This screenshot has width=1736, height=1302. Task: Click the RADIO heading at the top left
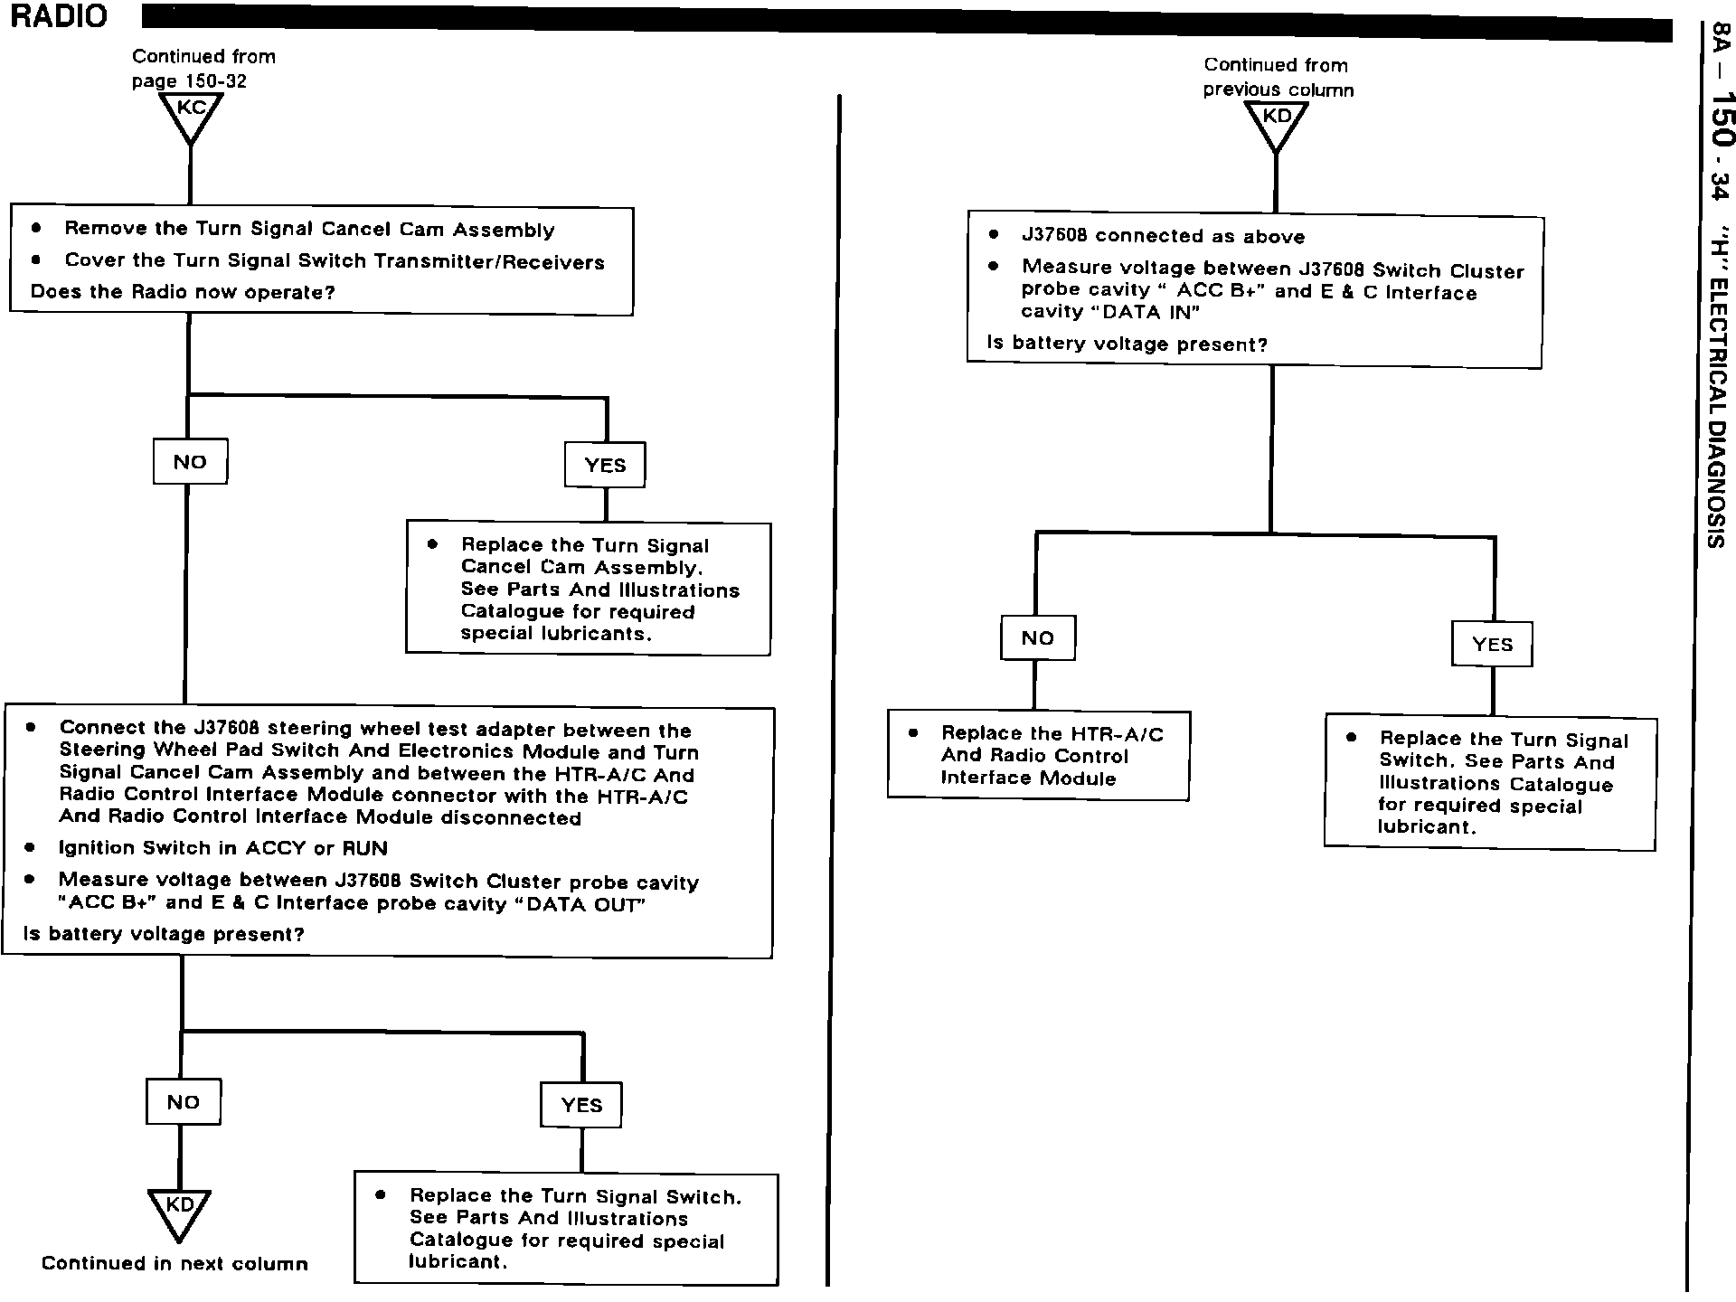(59, 16)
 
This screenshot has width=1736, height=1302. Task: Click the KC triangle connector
(191, 114)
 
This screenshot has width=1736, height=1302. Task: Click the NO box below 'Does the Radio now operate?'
(190, 462)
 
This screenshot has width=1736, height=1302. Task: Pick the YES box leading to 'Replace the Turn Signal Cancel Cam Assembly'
(605, 466)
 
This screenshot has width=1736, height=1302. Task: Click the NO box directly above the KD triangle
(184, 1102)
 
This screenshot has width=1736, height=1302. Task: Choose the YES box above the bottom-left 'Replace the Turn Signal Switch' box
(581, 1106)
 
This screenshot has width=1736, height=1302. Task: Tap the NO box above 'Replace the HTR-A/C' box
(1038, 638)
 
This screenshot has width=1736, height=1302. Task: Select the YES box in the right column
(1492, 645)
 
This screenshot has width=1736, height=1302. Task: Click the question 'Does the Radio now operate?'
(183, 293)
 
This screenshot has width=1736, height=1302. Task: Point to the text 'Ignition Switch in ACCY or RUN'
(222, 849)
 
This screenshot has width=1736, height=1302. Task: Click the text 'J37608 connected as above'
(1163, 237)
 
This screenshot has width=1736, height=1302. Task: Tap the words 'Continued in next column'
(175, 1264)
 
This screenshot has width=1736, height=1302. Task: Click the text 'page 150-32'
(189, 81)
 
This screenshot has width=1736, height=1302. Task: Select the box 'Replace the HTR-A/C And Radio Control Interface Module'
(1038, 756)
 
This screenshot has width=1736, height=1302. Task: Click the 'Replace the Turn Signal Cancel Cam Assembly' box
(589, 590)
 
